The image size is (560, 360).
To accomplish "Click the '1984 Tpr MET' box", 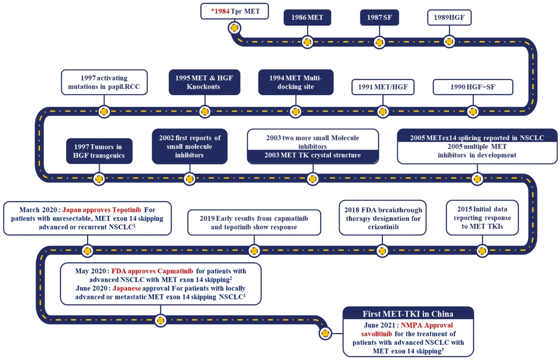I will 235,11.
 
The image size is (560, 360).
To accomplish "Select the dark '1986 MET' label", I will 307,18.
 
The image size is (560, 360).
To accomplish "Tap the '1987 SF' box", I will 379,18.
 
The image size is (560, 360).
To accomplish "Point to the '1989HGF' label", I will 449,18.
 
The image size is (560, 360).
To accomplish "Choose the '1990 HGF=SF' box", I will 473,87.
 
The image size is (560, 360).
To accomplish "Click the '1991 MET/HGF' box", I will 384,87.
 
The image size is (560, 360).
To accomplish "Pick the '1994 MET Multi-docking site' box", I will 296,82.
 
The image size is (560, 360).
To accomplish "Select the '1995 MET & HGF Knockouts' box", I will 204,82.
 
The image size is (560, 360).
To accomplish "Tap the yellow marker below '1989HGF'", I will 449,42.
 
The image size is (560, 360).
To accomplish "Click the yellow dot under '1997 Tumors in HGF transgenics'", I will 99,178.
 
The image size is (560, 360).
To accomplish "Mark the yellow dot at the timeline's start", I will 234,28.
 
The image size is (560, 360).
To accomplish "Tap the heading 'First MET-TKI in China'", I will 408,313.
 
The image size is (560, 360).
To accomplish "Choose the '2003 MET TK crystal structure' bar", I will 312,155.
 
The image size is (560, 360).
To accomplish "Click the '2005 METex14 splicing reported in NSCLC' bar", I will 477,138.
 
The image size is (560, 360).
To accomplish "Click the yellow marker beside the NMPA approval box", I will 326,333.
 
